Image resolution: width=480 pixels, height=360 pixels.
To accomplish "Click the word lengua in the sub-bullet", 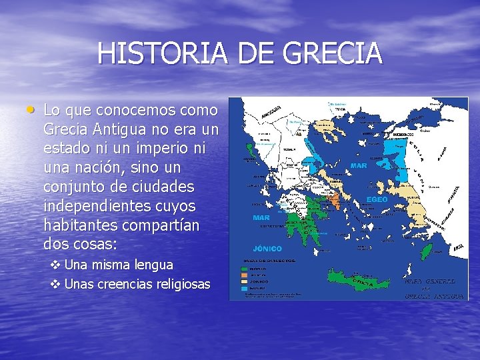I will (x=153, y=265).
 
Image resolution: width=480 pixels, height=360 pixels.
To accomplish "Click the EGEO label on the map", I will (x=377, y=199).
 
